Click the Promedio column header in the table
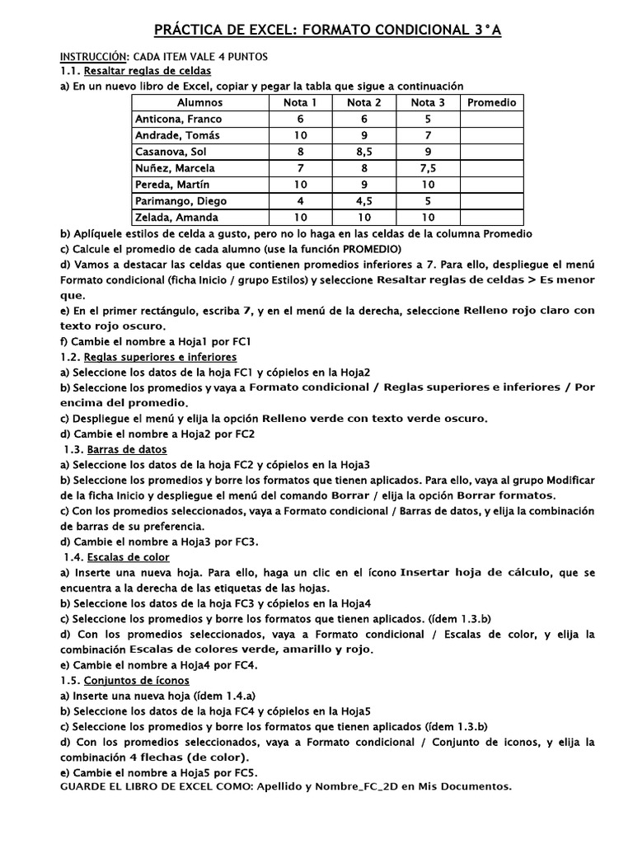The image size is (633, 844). [x=491, y=103]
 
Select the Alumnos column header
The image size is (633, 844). [x=199, y=103]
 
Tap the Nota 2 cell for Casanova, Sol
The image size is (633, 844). [x=363, y=152]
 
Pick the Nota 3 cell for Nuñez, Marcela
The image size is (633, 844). [x=428, y=168]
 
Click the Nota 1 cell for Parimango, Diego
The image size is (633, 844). [x=299, y=201]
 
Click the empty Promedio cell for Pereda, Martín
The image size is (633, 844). [x=491, y=185]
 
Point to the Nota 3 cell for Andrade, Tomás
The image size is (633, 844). [x=428, y=136]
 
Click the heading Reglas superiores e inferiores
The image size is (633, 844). [x=161, y=357]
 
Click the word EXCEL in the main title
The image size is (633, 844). [x=266, y=31]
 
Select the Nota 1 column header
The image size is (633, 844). [x=299, y=103]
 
